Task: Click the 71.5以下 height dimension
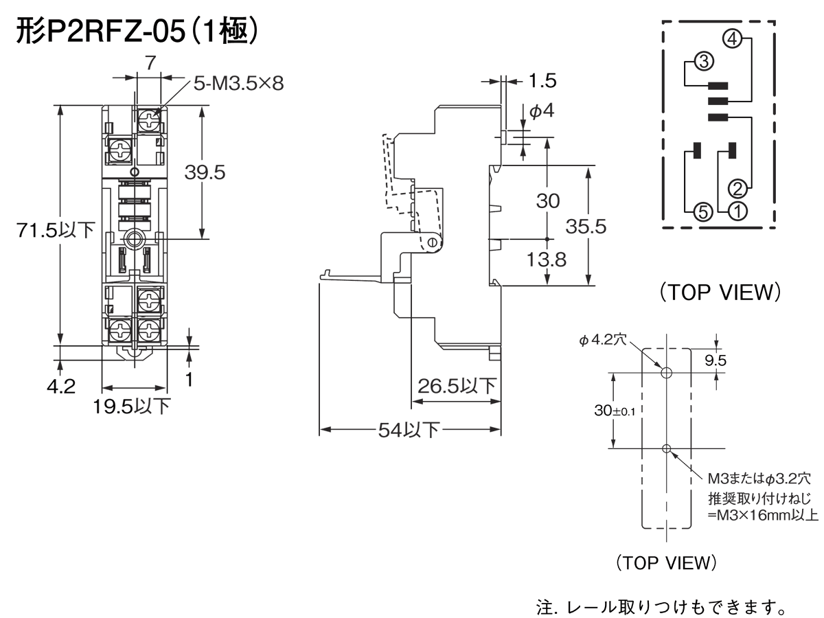tap(56, 230)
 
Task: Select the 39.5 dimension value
tap(205, 172)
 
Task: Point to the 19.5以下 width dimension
tap(132, 407)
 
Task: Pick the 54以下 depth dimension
tap(410, 431)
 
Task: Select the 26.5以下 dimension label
tap(457, 386)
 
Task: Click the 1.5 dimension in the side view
tap(542, 80)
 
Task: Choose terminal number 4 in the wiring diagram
tap(733, 40)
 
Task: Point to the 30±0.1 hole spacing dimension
tap(615, 411)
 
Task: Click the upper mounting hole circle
tap(665, 372)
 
